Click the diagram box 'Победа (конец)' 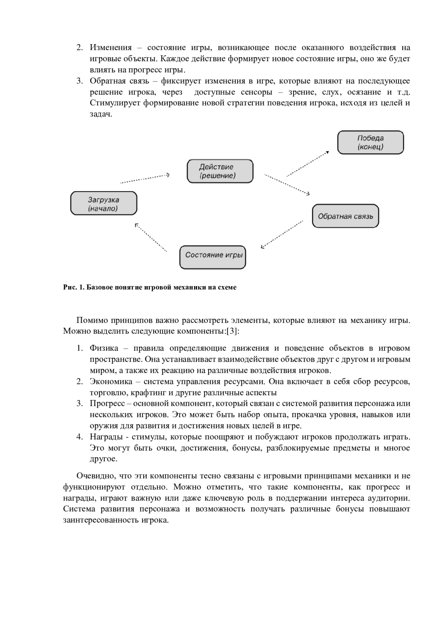[371, 143]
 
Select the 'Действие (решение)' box [220, 171]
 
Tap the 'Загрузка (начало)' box [104, 203]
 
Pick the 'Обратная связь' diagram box [345, 216]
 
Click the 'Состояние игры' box [213, 257]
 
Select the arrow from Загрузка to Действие [145, 179]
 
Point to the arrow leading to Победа [308, 164]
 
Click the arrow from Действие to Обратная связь [287, 185]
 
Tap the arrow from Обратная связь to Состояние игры [282, 234]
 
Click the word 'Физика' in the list [104, 348]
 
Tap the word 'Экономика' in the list [110, 382]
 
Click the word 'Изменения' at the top [110, 48]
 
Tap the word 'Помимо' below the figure [92, 320]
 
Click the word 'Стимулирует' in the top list [115, 103]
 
